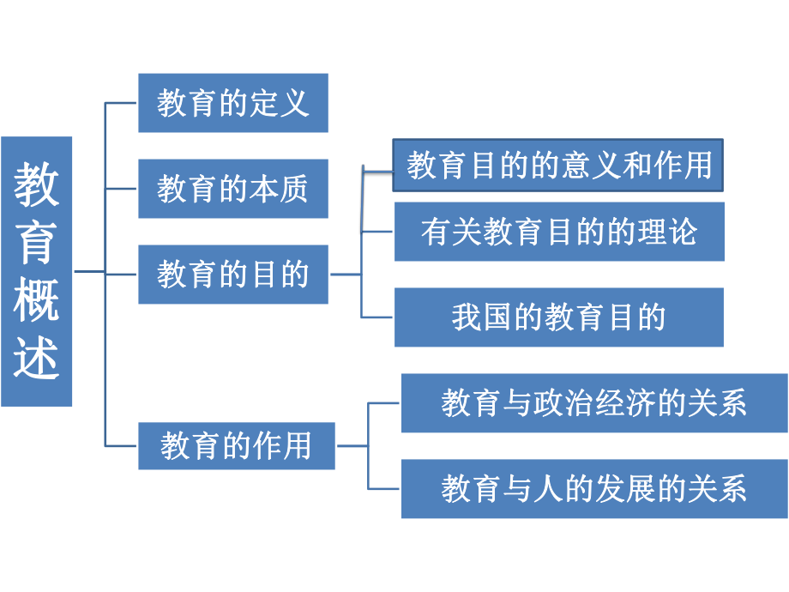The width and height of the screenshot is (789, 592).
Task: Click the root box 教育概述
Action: (37, 271)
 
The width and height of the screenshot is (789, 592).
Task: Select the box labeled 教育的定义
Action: (232, 103)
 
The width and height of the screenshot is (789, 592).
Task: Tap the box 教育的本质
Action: (232, 189)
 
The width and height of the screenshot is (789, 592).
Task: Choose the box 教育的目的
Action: (232, 275)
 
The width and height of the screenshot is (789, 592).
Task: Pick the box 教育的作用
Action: (236, 446)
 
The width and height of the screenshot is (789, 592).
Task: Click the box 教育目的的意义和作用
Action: (558, 165)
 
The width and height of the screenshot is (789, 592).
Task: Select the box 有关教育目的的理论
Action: (559, 232)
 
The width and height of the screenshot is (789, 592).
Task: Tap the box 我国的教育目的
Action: (558, 317)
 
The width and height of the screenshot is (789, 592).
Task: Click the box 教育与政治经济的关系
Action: (593, 403)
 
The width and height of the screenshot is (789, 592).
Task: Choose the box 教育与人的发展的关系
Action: (593, 489)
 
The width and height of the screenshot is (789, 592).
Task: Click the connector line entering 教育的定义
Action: (121, 103)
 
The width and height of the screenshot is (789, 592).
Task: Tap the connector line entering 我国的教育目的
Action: (377, 317)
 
